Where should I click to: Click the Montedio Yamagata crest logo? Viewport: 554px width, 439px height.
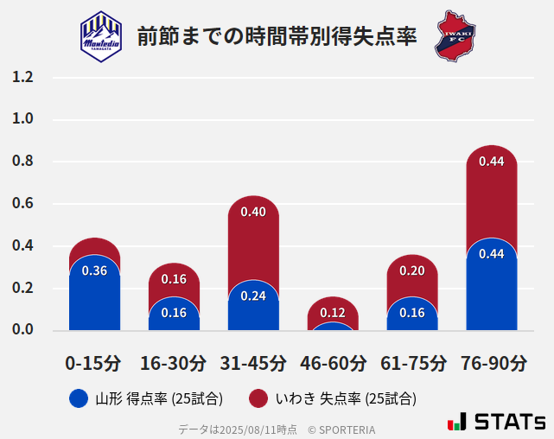[x=101, y=35]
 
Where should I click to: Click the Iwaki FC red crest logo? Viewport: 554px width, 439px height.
[x=455, y=35]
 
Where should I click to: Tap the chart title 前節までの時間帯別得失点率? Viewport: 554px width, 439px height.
[x=277, y=36]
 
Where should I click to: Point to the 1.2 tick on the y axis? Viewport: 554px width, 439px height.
[x=22, y=78]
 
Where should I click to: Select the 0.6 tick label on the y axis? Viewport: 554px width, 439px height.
[x=22, y=204]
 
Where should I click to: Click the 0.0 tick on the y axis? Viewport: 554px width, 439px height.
[x=22, y=329]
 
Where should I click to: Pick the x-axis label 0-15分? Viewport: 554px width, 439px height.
[x=94, y=362]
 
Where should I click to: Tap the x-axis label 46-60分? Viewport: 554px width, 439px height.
[x=333, y=362]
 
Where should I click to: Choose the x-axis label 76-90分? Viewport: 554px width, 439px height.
[x=492, y=362]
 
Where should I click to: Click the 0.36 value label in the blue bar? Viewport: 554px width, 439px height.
[x=94, y=270]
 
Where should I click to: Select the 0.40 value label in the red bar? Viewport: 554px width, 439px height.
[x=253, y=212]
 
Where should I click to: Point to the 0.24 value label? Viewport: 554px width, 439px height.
[x=253, y=296]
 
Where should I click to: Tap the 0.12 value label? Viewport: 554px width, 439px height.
[x=333, y=312]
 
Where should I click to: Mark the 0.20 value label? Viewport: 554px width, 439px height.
[x=412, y=270]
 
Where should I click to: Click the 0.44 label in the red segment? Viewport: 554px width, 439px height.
[x=492, y=161]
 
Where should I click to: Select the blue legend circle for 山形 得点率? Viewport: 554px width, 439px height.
[x=79, y=398]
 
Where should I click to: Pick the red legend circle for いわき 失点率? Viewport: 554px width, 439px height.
[x=258, y=398]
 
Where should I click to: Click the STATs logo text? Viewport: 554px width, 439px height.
[x=509, y=422]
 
